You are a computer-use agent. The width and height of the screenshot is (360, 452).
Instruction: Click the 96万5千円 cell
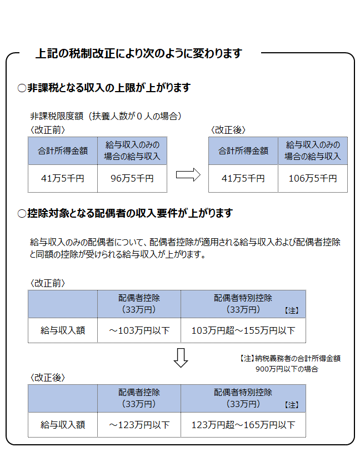point(132,178)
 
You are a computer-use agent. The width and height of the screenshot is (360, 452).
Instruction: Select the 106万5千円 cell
point(313,178)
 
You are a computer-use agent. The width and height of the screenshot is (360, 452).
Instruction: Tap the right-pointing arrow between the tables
point(188,175)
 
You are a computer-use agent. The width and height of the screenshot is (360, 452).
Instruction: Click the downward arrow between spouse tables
point(181,358)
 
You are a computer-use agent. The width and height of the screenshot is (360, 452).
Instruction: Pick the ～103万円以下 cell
point(139,330)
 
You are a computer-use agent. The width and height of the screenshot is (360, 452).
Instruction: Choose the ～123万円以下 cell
point(139,425)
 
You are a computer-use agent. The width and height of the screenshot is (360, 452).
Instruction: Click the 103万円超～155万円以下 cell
point(243,330)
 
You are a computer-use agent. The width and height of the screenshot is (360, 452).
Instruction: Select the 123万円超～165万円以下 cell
point(243,425)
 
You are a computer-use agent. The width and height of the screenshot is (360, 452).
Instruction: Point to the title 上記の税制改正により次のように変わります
point(138,54)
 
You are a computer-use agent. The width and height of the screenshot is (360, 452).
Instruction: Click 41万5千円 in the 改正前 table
point(63,178)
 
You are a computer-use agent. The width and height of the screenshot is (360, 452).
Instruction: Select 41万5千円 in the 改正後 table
point(243,178)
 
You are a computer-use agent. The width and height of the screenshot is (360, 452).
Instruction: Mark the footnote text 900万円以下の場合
point(287,369)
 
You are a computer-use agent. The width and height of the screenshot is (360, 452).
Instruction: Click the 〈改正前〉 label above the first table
point(48,130)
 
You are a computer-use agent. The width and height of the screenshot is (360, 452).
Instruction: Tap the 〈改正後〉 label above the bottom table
point(48,378)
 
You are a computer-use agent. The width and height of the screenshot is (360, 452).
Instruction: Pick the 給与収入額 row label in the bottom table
point(63,425)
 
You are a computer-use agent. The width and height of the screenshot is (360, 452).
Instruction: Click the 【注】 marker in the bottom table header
point(292,405)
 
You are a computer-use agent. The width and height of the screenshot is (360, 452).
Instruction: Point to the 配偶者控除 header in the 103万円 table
point(139,298)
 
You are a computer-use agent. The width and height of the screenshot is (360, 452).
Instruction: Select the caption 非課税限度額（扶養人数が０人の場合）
point(106,116)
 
